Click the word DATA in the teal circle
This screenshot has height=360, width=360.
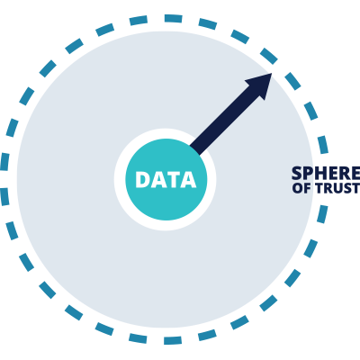tap(166, 180)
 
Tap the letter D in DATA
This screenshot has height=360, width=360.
tap(142, 180)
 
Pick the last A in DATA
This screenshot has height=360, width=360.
tap(188, 180)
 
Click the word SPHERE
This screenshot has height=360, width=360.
tap(326, 173)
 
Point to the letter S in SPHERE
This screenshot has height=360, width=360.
tap(297, 173)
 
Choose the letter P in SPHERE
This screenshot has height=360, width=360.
tap(309, 173)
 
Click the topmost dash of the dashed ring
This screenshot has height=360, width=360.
tap(174, 19)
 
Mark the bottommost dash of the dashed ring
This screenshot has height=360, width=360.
tap(173, 340)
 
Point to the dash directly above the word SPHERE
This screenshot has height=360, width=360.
tap(323, 145)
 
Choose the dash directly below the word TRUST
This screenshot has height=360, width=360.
tap(322, 214)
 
